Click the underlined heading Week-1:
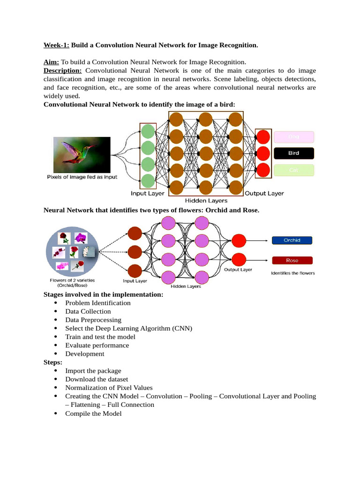tap(56, 45)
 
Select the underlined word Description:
tap(62, 70)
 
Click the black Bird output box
tap(293, 153)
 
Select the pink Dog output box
tap(293, 136)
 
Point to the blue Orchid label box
tap(292, 240)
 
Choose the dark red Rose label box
tap(292, 260)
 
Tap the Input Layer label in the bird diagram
tap(147, 194)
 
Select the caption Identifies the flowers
tap(293, 273)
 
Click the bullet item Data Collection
tap(88, 311)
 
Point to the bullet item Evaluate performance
tap(97, 345)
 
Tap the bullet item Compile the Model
tap(93, 413)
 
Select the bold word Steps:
tap(52, 362)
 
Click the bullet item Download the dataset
tap(97, 379)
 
